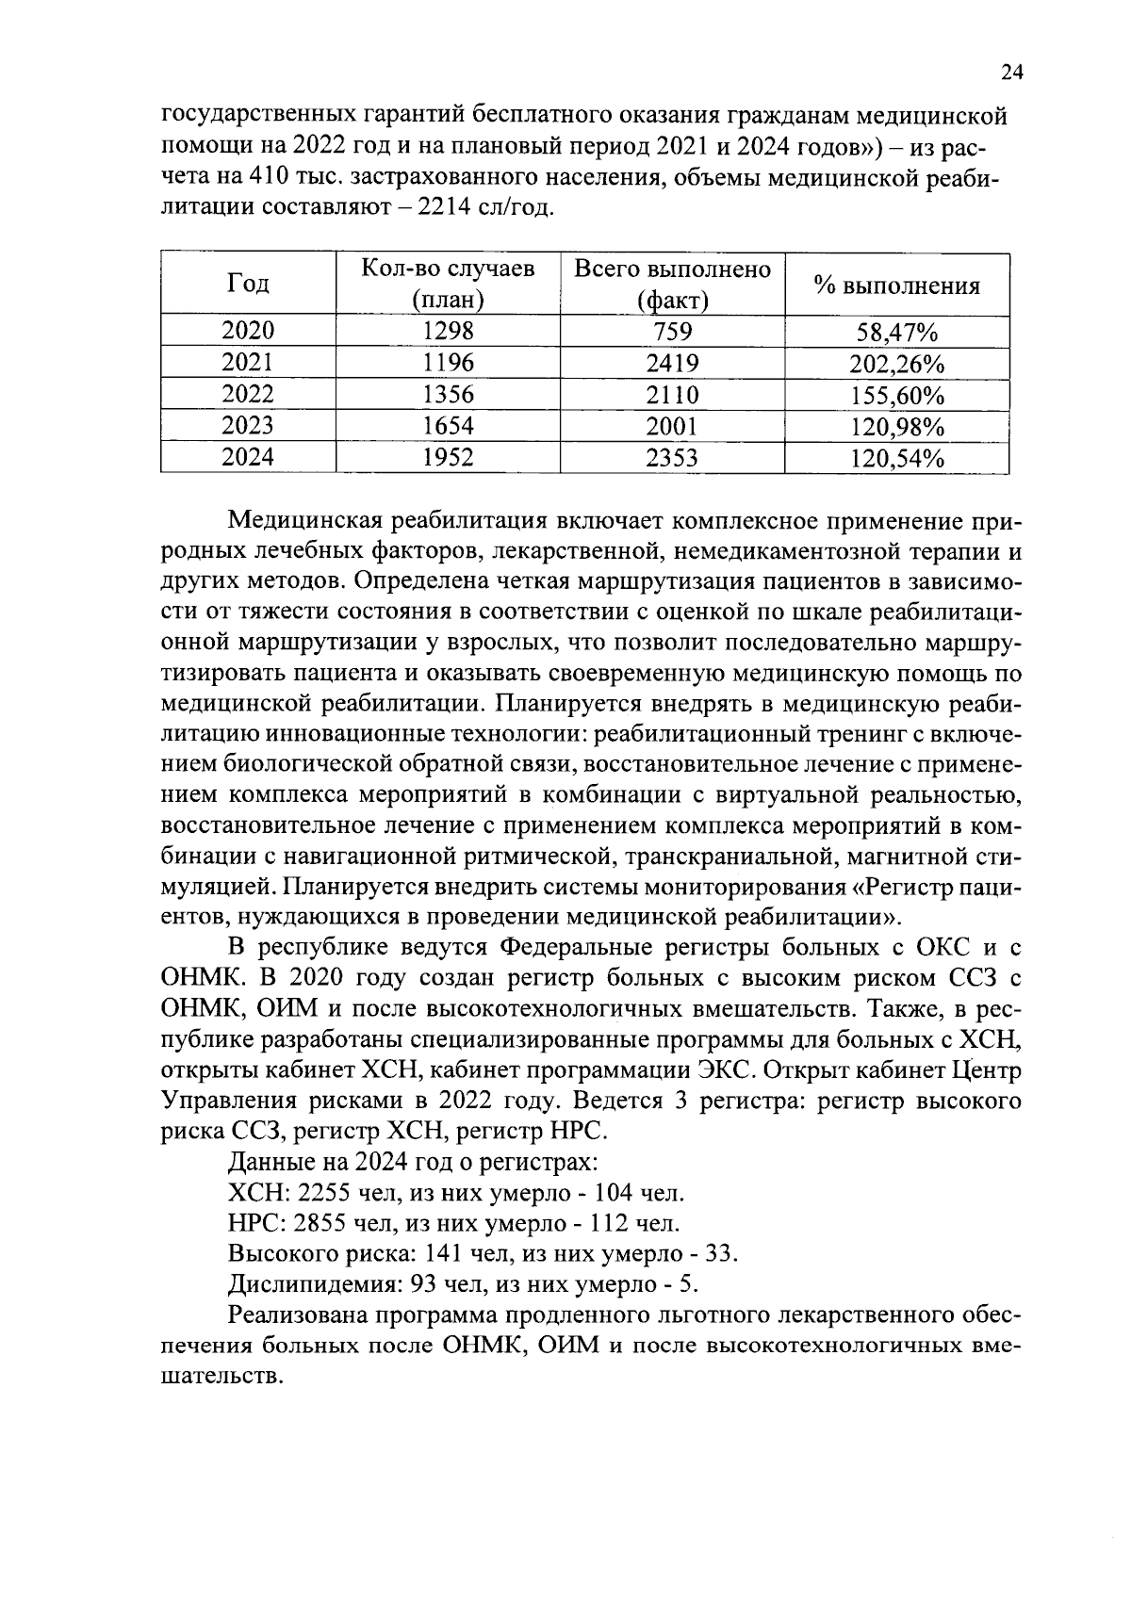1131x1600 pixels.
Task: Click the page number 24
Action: click(1011, 73)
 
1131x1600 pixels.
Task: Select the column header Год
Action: click(249, 284)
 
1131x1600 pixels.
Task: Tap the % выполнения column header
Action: click(896, 286)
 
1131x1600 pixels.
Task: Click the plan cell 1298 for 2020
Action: click(448, 331)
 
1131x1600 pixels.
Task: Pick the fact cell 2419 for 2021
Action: click(672, 363)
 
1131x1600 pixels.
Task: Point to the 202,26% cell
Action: click(896, 364)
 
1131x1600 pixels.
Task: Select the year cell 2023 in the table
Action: click(249, 425)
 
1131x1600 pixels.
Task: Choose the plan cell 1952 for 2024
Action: click(448, 457)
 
